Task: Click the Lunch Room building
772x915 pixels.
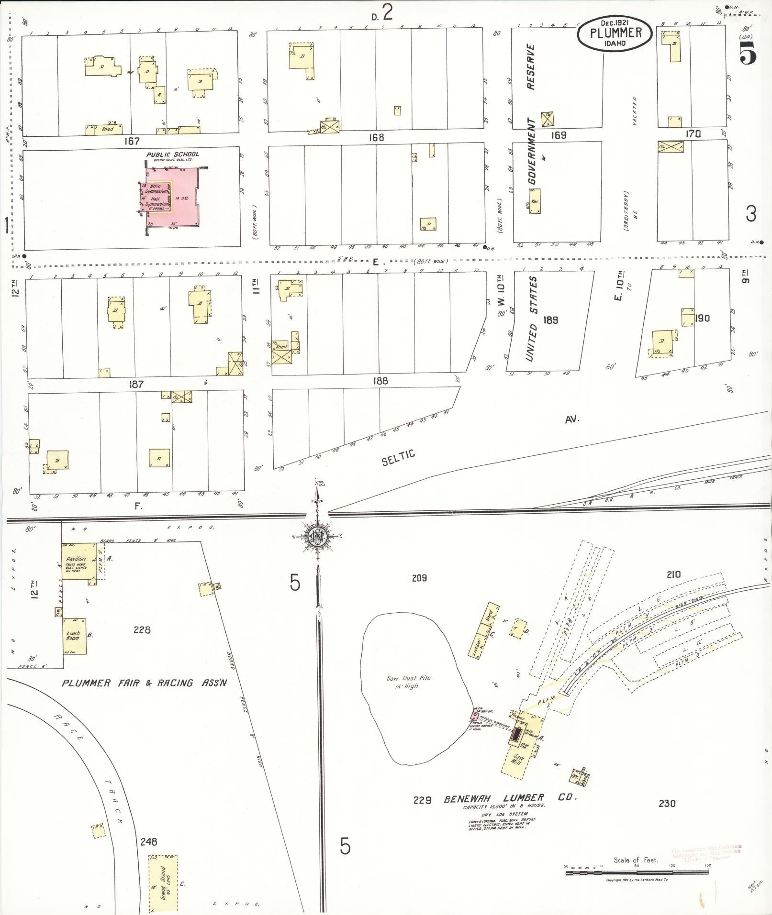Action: click(75, 636)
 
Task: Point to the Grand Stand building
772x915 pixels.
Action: click(163, 882)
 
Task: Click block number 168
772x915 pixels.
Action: click(376, 138)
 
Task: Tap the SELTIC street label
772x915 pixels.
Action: click(398, 458)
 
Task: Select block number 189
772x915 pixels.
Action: click(551, 320)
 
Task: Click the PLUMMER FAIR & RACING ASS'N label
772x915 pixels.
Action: click(144, 683)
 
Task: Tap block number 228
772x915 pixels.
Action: click(142, 630)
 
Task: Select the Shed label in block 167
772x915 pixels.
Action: click(107, 129)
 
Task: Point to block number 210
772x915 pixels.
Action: click(673, 574)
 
